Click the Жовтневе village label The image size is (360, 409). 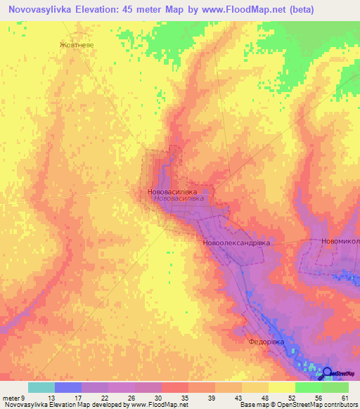coord(76,43)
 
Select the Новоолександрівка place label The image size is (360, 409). coord(236,242)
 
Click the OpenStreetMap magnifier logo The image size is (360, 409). coord(327,372)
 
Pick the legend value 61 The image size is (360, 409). coord(344,398)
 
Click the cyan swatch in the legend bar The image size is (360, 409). coord(41,387)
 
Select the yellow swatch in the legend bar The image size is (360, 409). coord(281,387)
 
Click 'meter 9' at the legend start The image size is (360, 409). coord(13,398)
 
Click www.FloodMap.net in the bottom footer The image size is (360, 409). coord(153,405)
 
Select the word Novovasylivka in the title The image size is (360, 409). coord(44,10)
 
